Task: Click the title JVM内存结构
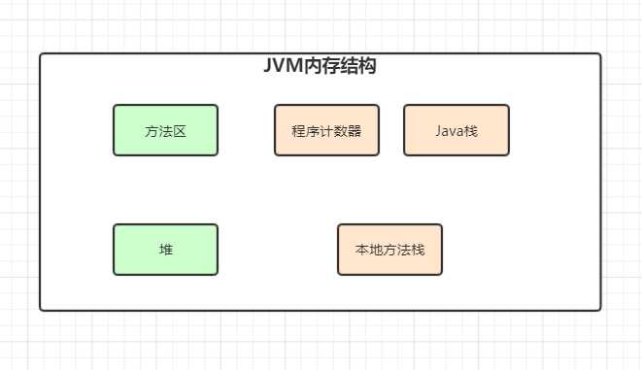coord(320,67)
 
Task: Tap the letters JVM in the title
coord(283,67)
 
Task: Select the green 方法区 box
coord(165,130)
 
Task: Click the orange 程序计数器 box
coord(325,130)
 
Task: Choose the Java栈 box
coord(456,130)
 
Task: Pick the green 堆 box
coord(165,250)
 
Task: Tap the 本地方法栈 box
coord(389,250)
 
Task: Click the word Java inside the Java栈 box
coord(449,130)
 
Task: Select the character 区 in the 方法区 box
coord(179,131)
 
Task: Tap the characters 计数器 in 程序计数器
coord(339,131)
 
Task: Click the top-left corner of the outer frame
coord(41,54)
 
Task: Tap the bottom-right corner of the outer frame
coord(600,310)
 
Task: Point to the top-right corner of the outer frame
coord(600,54)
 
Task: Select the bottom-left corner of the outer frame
coord(41,310)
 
